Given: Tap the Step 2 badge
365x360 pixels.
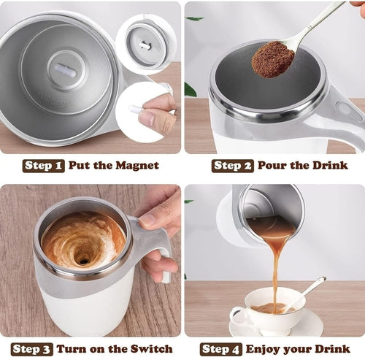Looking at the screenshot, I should click(232, 166).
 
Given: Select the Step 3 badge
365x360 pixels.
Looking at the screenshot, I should click(31, 349).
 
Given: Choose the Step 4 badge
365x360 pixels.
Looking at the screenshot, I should click(221, 349).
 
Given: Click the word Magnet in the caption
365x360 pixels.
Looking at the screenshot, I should click(137, 166).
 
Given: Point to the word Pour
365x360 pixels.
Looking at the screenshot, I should click(272, 166).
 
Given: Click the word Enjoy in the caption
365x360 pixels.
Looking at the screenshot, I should click(264, 349).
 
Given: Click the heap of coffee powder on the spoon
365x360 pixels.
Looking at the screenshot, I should click(272, 58).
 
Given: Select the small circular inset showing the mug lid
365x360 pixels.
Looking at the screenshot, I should click(145, 42).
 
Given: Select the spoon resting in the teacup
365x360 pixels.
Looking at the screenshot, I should click(310, 291).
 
